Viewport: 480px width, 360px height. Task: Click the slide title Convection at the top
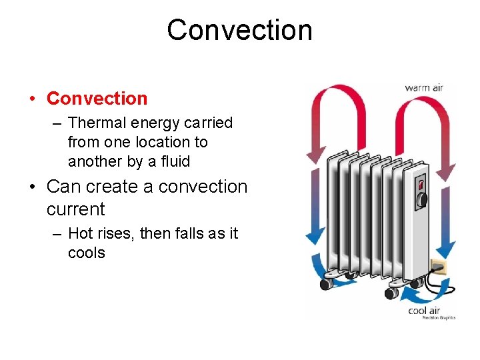click(x=239, y=31)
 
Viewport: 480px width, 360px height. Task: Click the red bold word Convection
click(x=97, y=99)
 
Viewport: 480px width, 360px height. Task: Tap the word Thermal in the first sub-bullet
click(x=93, y=123)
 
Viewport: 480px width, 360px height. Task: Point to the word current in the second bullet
click(x=75, y=209)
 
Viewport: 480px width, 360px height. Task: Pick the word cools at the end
click(x=87, y=253)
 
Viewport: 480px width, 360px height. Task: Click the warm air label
click(x=424, y=87)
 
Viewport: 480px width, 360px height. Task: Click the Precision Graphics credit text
click(x=438, y=318)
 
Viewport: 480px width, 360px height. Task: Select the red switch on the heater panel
click(x=421, y=183)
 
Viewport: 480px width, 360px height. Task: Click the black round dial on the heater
click(x=421, y=198)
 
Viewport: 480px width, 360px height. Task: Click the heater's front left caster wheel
click(x=326, y=283)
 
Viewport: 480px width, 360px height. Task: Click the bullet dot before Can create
click(x=33, y=187)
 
